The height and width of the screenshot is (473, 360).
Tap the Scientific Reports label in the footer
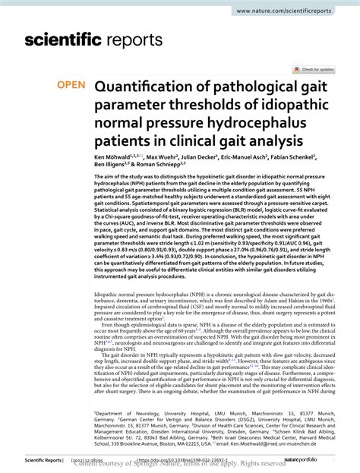[x=41, y=460]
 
